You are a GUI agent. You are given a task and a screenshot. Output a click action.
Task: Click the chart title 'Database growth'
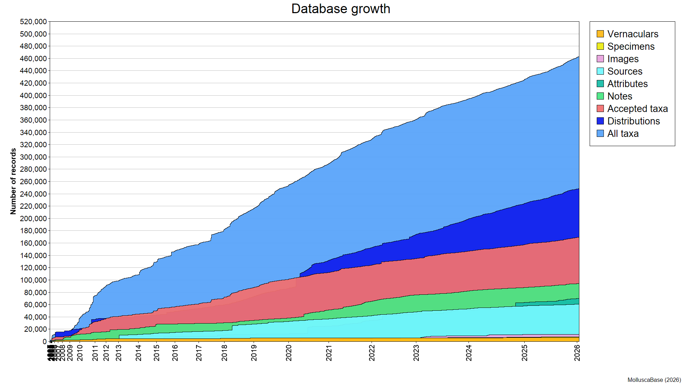(x=341, y=9)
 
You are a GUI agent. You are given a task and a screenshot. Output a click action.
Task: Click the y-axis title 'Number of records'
(x=13, y=181)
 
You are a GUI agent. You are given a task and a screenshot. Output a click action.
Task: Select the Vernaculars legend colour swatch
(x=600, y=34)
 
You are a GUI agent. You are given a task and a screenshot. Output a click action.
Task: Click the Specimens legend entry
(x=630, y=47)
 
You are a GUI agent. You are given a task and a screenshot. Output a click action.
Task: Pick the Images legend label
(x=623, y=59)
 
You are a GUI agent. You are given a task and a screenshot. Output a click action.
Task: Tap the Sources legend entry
(x=624, y=71)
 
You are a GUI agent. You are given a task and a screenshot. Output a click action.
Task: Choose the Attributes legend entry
(x=627, y=84)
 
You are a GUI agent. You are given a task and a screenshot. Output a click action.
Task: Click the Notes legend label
(x=619, y=96)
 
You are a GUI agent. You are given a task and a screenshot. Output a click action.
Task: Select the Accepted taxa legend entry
(x=637, y=109)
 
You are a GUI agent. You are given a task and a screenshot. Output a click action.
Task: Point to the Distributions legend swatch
(x=600, y=121)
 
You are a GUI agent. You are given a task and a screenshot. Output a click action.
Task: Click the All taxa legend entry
(x=623, y=134)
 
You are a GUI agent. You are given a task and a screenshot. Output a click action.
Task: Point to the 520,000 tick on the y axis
(x=33, y=22)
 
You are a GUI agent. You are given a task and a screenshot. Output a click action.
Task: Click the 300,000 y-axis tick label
(x=33, y=157)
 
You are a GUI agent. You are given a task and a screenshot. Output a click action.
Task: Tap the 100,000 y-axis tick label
(x=33, y=280)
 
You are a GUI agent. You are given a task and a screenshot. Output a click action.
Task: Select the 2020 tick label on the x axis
(x=289, y=352)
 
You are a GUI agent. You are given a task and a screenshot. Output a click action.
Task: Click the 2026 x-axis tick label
(x=577, y=352)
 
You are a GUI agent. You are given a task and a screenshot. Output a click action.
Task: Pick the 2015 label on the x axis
(x=157, y=352)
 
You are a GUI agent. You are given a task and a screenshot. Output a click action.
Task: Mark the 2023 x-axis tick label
(x=416, y=352)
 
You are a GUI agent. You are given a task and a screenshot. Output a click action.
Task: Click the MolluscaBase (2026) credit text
(x=654, y=380)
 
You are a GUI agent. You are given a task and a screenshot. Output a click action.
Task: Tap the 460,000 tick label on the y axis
(x=33, y=59)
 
